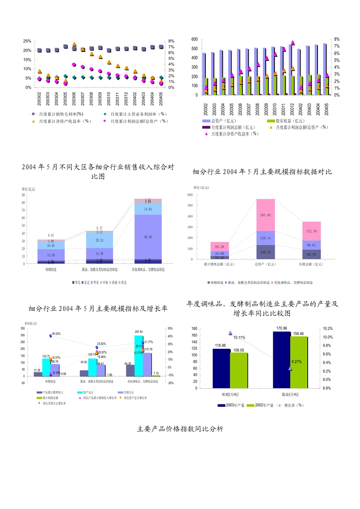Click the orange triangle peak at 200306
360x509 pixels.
74,45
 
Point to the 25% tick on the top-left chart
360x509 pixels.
27,41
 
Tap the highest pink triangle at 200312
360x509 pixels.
293,43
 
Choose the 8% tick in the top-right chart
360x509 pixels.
337,39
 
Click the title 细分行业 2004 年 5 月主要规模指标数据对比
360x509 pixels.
262,172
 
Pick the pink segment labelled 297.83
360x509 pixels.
265,215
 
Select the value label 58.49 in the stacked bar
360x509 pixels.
148,237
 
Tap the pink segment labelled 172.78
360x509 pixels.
311,231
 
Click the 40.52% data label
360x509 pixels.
56,334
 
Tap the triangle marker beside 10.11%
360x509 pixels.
230,333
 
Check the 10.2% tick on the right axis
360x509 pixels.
327,329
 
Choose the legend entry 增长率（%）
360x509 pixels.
293,405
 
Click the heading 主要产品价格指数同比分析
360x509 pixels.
180,429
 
